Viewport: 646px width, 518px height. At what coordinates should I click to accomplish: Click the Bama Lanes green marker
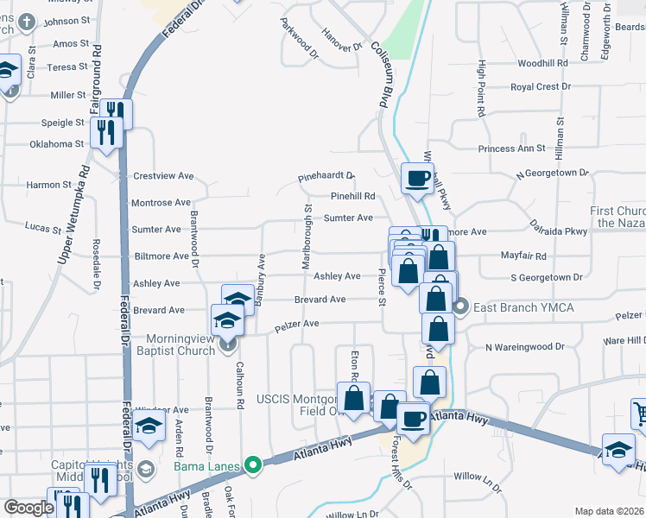coord(253,466)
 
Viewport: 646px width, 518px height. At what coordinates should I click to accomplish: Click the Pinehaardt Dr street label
coord(326,175)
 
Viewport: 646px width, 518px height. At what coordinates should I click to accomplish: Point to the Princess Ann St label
coord(512,148)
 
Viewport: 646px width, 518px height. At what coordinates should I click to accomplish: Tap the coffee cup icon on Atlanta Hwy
coord(413,418)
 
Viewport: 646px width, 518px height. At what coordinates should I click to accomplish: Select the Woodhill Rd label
coord(542,64)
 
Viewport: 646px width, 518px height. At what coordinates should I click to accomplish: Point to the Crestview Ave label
coord(162,175)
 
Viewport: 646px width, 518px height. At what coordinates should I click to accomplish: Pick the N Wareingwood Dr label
coord(524,347)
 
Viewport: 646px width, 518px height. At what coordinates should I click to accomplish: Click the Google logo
coord(28,508)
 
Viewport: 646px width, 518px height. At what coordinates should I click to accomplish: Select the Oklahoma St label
coord(56,144)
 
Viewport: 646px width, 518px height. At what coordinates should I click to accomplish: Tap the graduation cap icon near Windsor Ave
coord(149,426)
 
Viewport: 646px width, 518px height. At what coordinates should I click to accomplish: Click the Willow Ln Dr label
coord(478,477)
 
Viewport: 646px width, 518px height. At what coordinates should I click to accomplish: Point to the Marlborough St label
coord(307,236)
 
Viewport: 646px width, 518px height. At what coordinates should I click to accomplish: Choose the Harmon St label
coord(48,185)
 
